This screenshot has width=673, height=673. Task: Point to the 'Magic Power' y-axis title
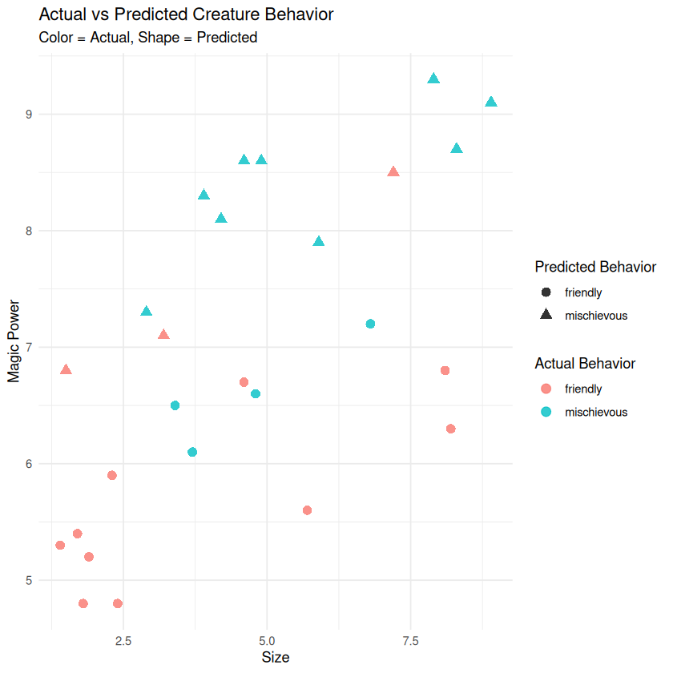pos(14,336)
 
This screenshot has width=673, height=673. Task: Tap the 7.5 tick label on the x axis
pos(410,641)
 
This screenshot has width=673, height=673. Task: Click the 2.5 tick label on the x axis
pos(123,641)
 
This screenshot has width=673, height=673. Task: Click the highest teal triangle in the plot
pos(433,79)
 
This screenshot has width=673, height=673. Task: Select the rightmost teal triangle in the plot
pos(491,102)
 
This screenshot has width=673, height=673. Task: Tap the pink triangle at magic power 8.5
pos(393,171)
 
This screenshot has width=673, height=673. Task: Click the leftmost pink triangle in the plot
pos(66,369)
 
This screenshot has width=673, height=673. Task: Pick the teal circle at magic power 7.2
pos(370,324)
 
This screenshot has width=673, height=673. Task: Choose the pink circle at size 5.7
pos(307,510)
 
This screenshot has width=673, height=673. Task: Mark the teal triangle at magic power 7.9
pos(319,242)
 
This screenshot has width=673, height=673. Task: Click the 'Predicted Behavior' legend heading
pos(595,267)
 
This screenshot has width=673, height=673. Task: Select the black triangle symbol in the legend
pos(546,316)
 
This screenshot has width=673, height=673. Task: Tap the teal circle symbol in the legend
pos(546,412)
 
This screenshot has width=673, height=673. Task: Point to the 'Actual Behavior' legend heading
pos(585,364)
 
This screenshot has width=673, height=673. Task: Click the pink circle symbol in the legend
pos(546,389)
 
